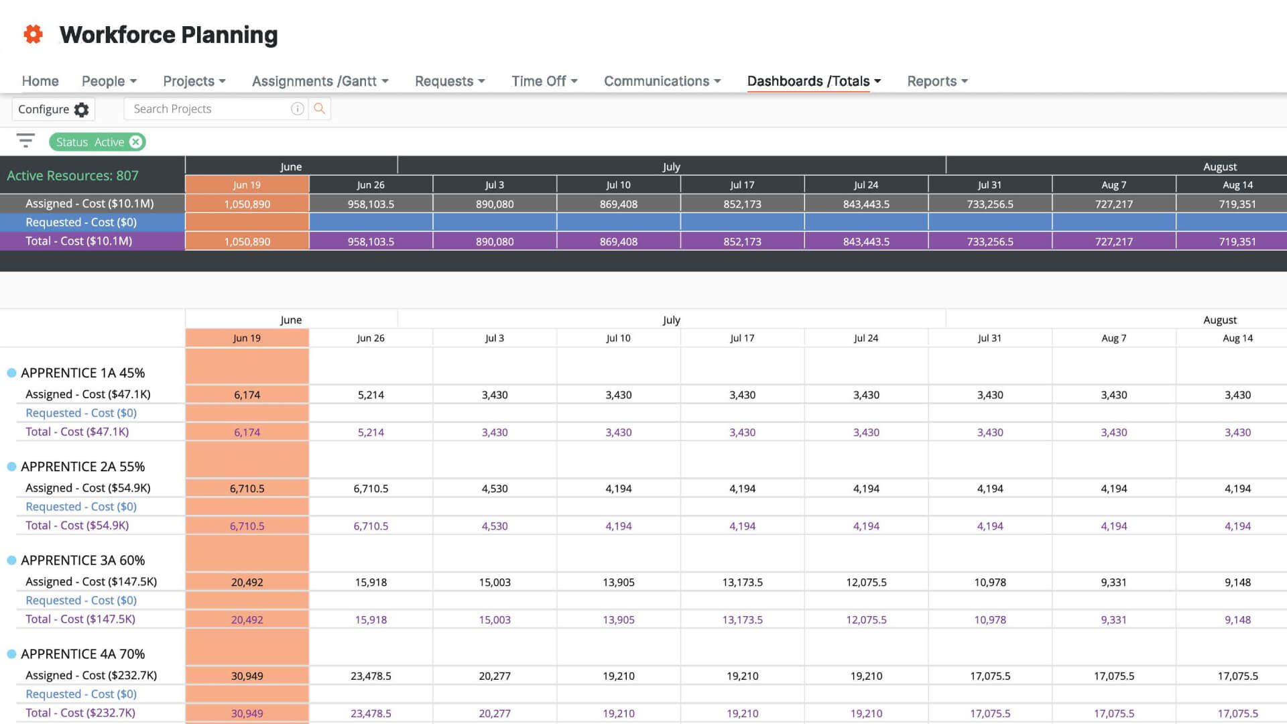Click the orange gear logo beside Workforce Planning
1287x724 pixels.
point(33,34)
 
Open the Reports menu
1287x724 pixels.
point(936,81)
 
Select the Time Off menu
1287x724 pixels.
point(544,81)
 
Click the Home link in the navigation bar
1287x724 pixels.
point(40,81)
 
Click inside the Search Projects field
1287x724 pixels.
point(208,109)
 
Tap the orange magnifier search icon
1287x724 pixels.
point(320,109)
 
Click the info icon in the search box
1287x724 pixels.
point(297,109)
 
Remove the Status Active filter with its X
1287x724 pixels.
point(136,142)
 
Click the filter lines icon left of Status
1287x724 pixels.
point(25,141)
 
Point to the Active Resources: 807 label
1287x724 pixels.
point(72,176)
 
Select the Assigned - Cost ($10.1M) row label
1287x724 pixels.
point(89,204)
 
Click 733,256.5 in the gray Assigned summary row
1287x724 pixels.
point(989,204)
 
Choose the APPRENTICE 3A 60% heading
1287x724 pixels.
point(82,560)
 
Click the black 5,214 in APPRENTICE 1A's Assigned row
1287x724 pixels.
point(371,395)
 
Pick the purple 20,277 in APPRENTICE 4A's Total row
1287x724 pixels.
point(495,713)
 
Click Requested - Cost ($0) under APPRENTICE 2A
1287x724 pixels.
point(80,507)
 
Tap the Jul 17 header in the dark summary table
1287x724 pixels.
point(742,185)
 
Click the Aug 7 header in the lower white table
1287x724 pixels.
point(1113,339)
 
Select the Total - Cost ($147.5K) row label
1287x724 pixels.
point(80,619)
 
